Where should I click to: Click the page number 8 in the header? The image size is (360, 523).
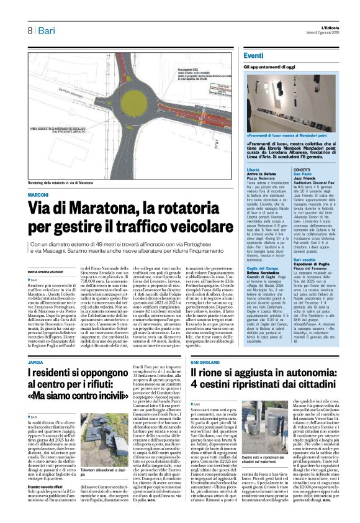[x=30, y=30]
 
